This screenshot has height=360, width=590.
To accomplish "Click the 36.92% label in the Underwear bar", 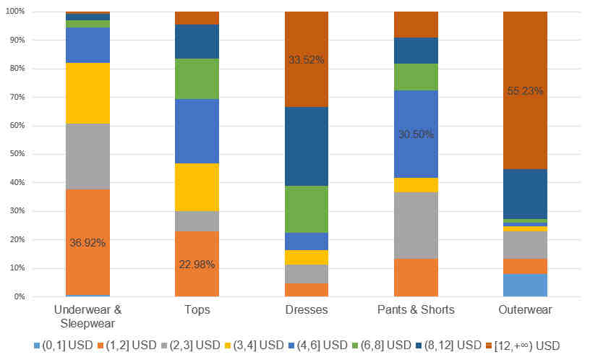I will point(87,243).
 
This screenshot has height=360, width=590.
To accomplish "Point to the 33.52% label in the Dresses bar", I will point(306,60).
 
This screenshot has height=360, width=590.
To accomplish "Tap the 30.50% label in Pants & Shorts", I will point(416,134).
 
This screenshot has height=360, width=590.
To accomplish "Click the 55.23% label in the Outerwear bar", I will point(525,91).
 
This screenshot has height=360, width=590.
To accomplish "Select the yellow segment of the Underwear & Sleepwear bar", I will point(87,93).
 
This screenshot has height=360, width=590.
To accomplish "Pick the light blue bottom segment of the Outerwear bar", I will point(525,285).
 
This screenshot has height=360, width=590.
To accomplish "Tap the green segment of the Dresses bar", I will point(306,209).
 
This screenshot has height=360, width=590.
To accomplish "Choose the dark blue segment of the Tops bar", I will point(197,41).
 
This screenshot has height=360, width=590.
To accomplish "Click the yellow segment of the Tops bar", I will point(197,187).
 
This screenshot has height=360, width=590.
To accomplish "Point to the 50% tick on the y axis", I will point(15,154).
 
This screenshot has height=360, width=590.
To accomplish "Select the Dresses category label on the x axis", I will point(306,309).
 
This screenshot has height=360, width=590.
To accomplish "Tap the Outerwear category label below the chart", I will point(525,309).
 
